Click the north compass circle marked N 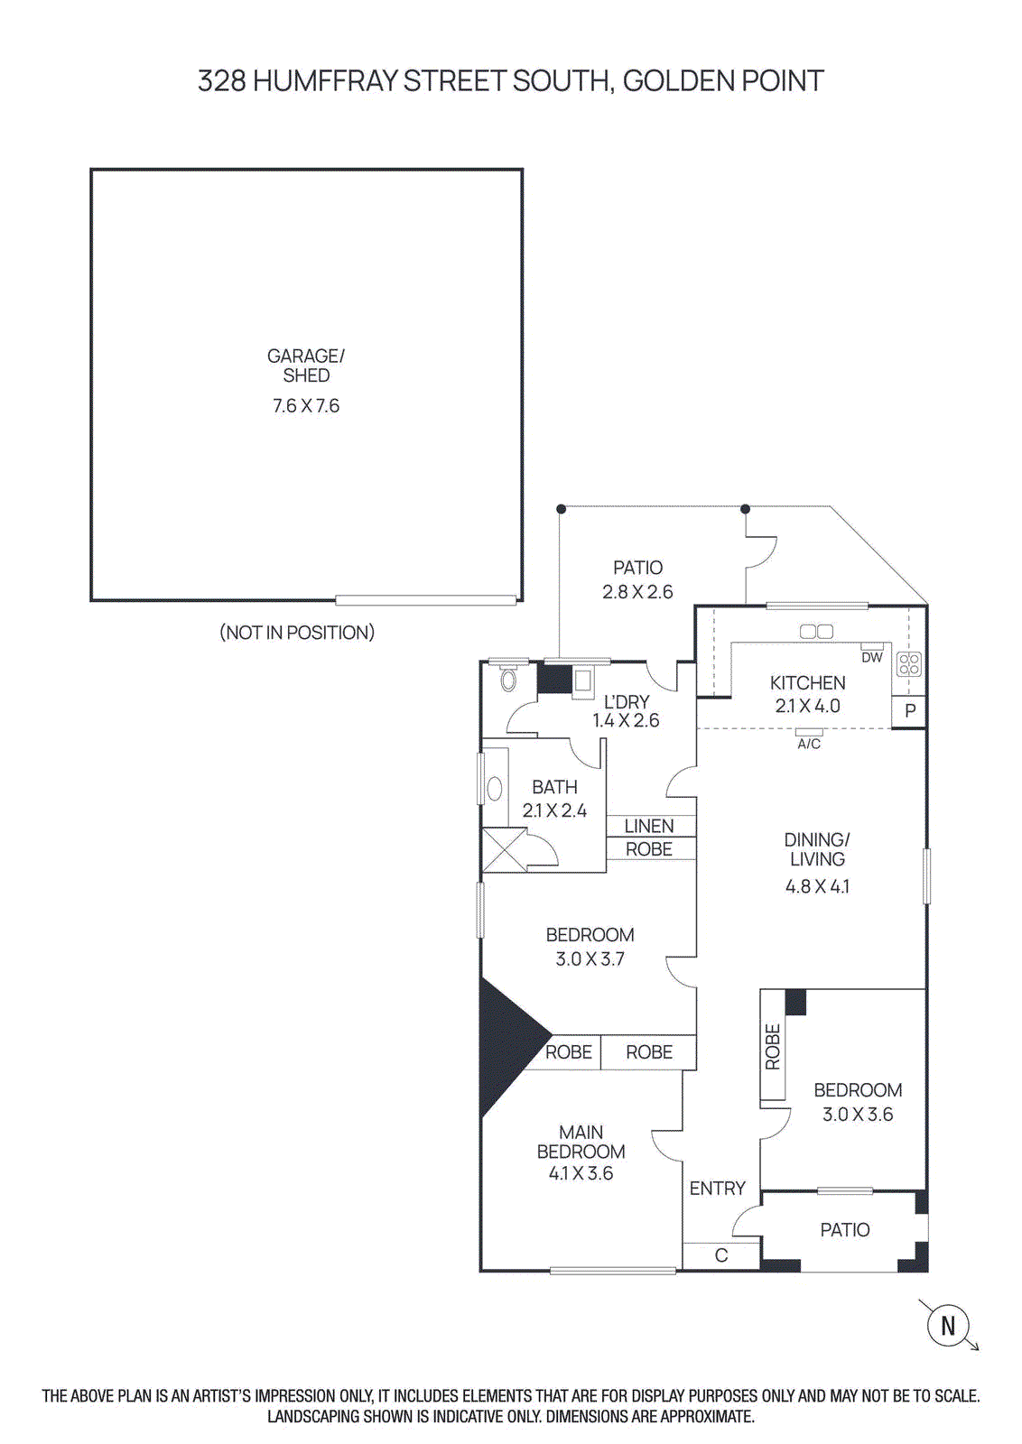pos(948,1326)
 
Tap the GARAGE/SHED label pos(306,366)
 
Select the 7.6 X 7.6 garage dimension pos(306,406)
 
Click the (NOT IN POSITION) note pos(297,633)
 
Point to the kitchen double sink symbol pos(817,632)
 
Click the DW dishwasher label pos(871,657)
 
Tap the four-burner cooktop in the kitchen pos(909,665)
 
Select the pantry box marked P pos(909,710)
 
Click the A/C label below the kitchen pos(809,744)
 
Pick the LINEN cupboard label pos(649,826)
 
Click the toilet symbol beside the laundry pos(508,680)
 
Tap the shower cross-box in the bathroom pos(503,850)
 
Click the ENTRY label pos(718,1189)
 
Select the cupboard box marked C pos(720,1255)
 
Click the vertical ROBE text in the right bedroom pos(773,1047)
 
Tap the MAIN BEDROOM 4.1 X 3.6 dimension pos(581,1173)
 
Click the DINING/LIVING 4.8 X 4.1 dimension pos(817,886)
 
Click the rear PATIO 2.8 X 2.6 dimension pos(637,592)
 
